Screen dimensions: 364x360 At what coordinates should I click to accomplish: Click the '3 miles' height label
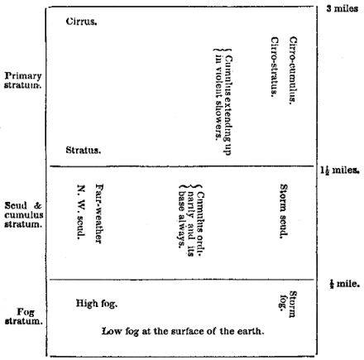[342, 8]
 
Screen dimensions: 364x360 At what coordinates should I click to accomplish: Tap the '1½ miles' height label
[340, 170]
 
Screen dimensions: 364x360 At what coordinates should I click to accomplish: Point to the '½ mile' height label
[345, 284]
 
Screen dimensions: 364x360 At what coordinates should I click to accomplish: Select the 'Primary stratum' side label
[23, 80]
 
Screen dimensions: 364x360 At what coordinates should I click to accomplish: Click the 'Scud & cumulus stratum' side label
[24, 214]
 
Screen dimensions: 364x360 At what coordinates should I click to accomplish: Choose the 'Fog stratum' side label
[24, 316]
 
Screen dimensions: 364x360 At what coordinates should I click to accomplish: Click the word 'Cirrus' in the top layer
[81, 22]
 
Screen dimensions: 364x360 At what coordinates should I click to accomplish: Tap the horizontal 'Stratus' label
[83, 150]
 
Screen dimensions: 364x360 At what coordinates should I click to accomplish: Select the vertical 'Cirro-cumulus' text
[293, 70]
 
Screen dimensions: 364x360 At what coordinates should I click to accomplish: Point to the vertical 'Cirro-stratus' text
[275, 67]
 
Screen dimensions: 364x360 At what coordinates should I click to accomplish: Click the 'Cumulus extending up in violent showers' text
[223, 102]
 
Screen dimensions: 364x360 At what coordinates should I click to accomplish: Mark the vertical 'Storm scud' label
[284, 211]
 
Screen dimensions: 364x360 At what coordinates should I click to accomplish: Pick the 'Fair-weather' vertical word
[99, 214]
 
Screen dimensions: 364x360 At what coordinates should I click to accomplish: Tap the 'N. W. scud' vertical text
[81, 212]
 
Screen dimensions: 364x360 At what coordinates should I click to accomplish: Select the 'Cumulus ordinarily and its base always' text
[191, 221]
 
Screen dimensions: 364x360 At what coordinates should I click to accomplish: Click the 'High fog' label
[97, 304]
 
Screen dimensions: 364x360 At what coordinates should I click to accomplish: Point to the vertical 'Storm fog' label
[289, 304]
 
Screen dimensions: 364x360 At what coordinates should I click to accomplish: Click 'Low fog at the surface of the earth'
[183, 331]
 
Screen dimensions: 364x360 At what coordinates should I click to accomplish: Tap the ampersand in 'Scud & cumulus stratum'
[37, 206]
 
